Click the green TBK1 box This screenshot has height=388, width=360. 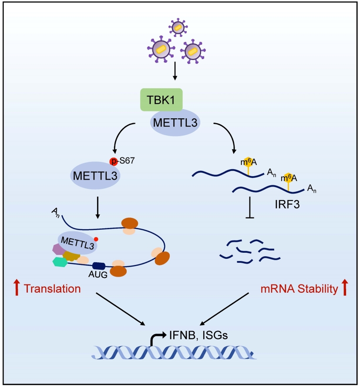[161, 100]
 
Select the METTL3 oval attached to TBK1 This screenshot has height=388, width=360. [175, 123]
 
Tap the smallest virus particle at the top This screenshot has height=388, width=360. [178, 27]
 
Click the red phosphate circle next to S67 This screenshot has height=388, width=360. [114, 161]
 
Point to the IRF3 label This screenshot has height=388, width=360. [287, 204]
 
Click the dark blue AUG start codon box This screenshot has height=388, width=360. [99, 266]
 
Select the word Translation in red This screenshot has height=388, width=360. [52, 289]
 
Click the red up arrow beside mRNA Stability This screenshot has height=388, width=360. [345, 287]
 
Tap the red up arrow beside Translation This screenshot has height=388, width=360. [17, 287]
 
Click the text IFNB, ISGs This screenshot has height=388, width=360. [199, 335]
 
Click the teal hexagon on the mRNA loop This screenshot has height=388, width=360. [60, 262]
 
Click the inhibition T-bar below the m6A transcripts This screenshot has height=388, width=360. [249, 207]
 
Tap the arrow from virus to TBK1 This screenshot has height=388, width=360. [175, 71]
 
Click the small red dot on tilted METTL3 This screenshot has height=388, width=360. [96, 239]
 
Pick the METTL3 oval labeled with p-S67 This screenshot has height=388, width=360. [95, 175]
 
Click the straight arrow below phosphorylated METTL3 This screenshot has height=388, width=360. [98, 207]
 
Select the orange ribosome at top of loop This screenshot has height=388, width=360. [130, 223]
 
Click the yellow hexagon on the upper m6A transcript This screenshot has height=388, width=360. [248, 161]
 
